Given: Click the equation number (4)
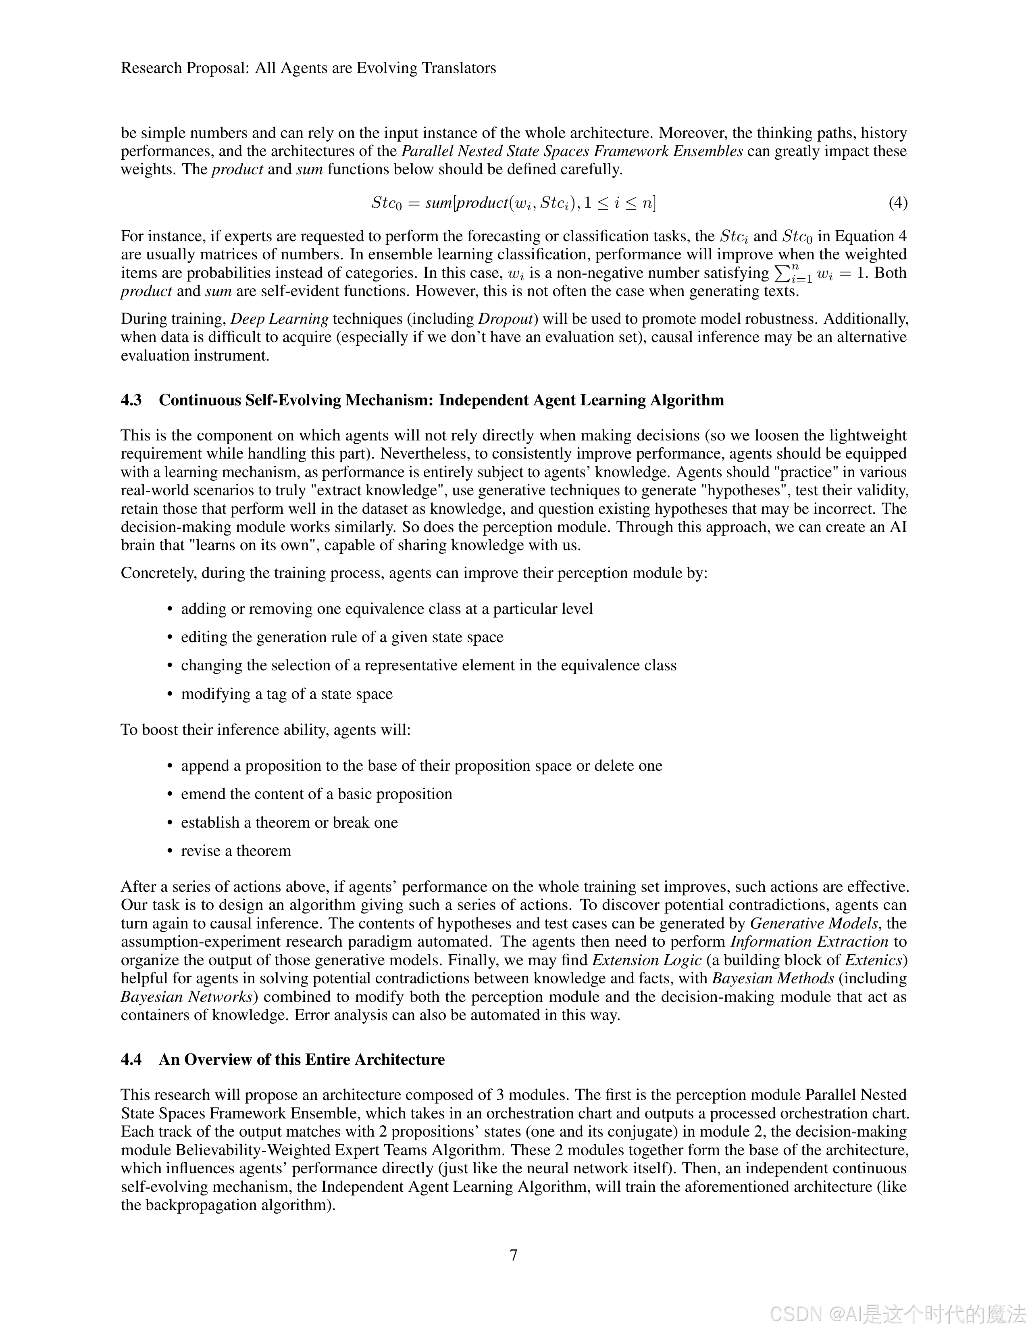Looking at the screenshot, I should click(898, 202).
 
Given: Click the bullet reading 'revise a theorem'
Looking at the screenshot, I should click(236, 850).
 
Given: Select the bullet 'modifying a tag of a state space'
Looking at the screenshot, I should click(286, 694).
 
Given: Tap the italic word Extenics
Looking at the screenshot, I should click(874, 960).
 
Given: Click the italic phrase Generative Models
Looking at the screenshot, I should click(814, 923).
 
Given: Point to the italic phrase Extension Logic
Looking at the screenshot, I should click(647, 960).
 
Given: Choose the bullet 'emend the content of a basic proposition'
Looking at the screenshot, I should click(316, 793).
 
